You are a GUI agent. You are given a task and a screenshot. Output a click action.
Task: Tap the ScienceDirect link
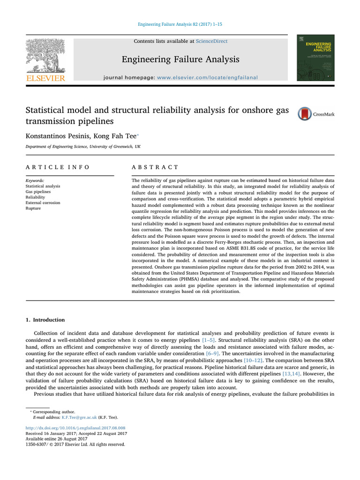tap(211, 41)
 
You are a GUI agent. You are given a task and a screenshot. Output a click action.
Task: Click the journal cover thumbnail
tap(315, 57)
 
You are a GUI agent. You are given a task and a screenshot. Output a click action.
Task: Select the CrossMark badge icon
tap(304, 114)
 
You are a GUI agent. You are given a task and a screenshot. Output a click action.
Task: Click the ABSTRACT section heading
tap(155, 167)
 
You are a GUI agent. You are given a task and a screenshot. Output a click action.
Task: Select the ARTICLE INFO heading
tap(57, 167)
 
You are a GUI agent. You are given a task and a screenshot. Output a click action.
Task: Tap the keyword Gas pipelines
tap(39, 192)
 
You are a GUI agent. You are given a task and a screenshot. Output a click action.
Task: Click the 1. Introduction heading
tap(45, 320)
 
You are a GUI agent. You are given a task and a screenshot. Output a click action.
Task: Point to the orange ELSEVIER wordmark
tap(45, 78)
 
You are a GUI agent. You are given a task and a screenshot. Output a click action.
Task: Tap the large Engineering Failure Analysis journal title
tap(180, 59)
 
